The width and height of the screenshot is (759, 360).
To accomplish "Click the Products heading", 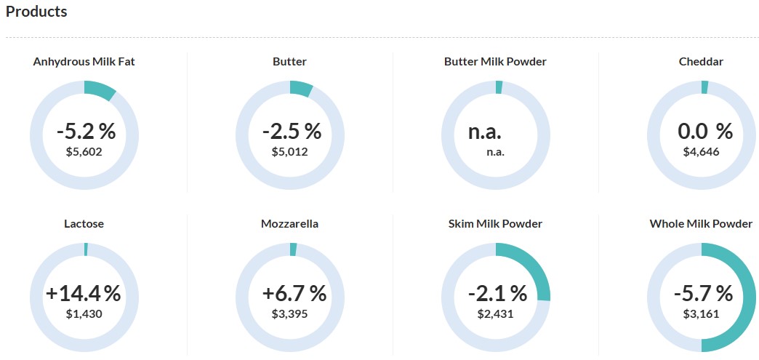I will (36, 12).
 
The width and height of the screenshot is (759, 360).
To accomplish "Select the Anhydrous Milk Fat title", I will (84, 62).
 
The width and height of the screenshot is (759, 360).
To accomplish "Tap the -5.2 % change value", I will (86, 132).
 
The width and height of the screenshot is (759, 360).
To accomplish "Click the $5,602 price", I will (84, 152).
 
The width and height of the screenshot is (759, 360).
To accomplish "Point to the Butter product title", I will (289, 62).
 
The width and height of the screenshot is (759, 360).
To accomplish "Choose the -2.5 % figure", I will (292, 132).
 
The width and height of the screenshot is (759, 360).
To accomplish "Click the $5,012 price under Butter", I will (289, 152).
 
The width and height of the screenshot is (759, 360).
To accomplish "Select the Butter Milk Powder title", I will (495, 62).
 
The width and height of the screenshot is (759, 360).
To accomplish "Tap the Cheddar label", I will (701, 62).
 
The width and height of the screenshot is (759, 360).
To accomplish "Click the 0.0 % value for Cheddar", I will (704, 132).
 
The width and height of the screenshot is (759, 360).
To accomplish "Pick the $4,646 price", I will (701, 152).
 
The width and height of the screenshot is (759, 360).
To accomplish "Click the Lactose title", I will (84, 224).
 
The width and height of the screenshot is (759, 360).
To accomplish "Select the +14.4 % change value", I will (83, 294).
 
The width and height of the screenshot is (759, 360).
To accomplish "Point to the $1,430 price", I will (84, 314).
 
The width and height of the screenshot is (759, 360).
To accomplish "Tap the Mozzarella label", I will (289, 224).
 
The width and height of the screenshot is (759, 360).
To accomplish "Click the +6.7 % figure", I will (294, 294).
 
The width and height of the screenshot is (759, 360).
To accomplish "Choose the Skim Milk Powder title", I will (495, 224).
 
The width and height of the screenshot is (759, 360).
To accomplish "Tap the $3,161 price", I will (701, 314).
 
